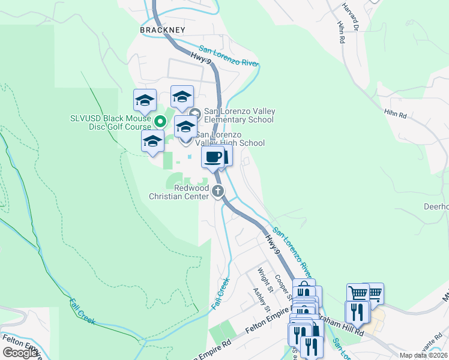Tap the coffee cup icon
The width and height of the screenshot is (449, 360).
coord(212,158)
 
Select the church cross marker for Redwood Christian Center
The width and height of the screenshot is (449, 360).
coord(217,191)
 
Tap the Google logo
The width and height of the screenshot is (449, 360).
coord(21,352)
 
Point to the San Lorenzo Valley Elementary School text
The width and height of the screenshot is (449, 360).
coord(240,115)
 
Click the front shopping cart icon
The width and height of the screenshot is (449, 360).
coord(358,293)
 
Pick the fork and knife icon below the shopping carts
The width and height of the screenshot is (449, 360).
coord(357,311)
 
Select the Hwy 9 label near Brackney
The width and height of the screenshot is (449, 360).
coord(200,58)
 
